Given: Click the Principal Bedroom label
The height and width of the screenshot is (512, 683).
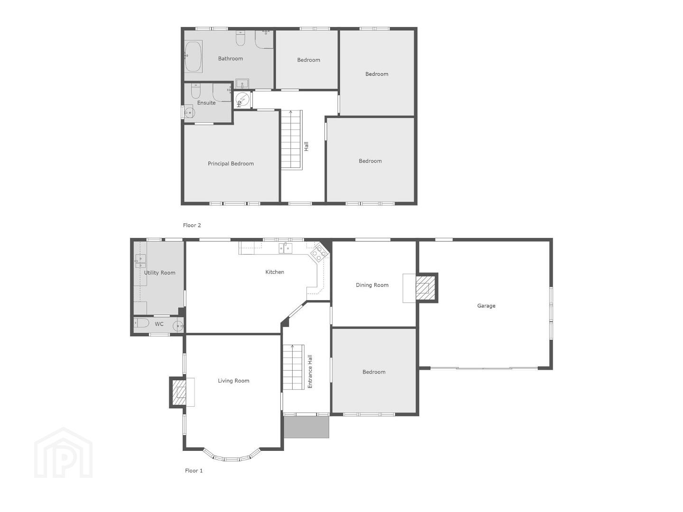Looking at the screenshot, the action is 231,164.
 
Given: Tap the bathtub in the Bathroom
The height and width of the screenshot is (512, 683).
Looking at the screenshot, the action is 193,56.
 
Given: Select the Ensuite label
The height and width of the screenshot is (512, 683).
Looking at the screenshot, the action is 206,102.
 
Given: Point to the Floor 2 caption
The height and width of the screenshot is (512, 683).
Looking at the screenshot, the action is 192,225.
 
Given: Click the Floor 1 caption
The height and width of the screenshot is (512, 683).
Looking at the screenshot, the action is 194,471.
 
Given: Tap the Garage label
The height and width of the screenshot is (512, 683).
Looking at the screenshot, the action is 486,306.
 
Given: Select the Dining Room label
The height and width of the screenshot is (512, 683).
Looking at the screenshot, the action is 372,285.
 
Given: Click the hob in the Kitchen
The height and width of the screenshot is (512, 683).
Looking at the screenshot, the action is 318,252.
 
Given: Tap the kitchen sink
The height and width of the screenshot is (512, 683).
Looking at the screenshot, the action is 286,248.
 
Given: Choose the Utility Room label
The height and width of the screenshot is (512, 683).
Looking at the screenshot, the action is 160,273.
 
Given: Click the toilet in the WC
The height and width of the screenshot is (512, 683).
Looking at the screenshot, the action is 141,324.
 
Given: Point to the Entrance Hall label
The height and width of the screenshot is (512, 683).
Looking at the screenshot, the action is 310,372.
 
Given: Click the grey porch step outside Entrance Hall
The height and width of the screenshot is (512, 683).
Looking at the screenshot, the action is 306,427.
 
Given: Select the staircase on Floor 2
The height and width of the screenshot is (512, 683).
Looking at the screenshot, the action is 292,140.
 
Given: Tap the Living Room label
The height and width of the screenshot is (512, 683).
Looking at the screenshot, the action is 233,381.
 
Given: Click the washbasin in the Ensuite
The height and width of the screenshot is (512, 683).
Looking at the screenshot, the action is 189,112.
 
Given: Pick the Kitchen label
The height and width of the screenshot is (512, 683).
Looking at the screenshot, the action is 275,272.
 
